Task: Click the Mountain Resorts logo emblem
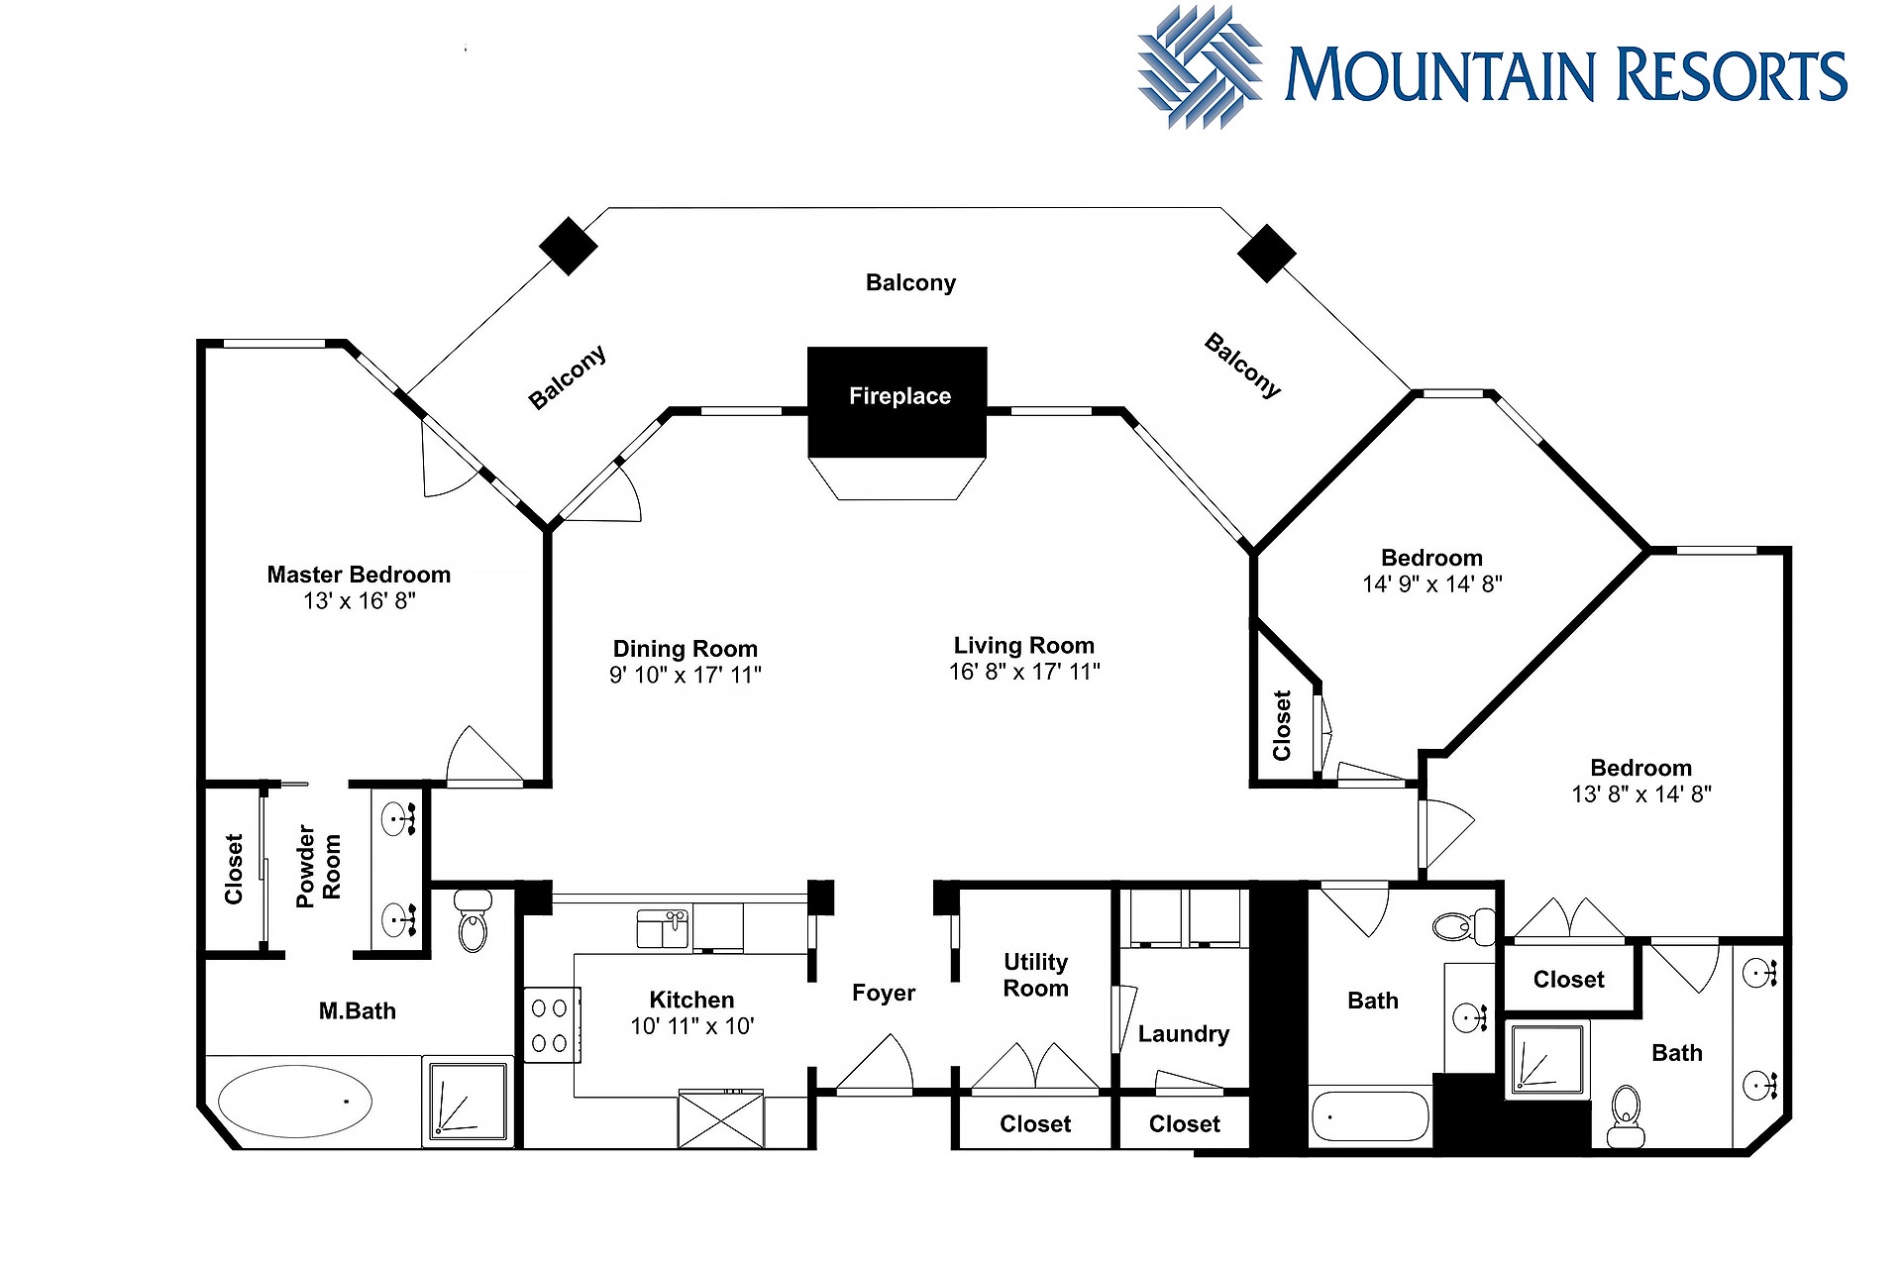(1200, 67)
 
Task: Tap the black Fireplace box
(898, 402)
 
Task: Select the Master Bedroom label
(359, 575)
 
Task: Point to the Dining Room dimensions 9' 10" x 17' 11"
(686, 675)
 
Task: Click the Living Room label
(1024, 646)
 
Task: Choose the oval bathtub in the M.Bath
(294, 1102)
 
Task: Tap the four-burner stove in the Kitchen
(551, 1025)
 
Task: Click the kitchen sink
(663, 929)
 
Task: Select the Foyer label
(884, 993)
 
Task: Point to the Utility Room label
(1036, 975)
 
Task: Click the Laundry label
(1184, 1034)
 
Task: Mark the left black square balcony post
(568, 246)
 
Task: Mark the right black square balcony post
(1266, 253)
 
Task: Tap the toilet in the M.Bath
(474, 918)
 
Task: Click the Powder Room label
(318, 866)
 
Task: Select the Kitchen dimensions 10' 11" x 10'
(692, 1026)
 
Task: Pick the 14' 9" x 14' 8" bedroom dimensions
(1432, 584)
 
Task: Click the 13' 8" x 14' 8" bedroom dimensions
(1641, 794)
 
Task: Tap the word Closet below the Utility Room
(1035, 1124)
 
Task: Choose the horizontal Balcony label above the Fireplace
(910, 283)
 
